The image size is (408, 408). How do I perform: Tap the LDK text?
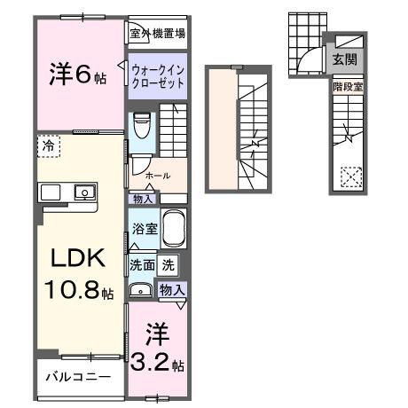tap(76, 259)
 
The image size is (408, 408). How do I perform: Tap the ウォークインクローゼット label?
tap(157, 75)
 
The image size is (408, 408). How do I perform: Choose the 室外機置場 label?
tap(157, 34)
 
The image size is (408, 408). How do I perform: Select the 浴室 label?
tap(144, 228)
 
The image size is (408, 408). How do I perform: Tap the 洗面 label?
tap(143, 263)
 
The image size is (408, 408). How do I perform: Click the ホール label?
tap(158, 176)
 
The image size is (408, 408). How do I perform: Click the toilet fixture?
tap(142, 126)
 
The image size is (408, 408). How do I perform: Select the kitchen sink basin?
tap(84, 191)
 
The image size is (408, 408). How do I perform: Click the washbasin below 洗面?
tap(141, 290)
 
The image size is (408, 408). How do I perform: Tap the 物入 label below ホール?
tap(142, 199)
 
